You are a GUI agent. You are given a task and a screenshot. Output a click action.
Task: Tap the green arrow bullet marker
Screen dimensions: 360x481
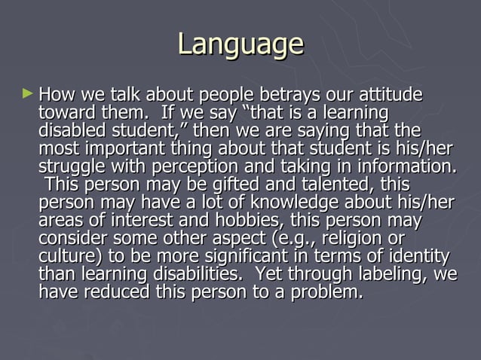(29, 95)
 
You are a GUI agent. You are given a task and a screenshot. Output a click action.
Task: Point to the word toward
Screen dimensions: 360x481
(65, 114)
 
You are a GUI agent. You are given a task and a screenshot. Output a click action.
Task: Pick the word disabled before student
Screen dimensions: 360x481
(71, 131)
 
